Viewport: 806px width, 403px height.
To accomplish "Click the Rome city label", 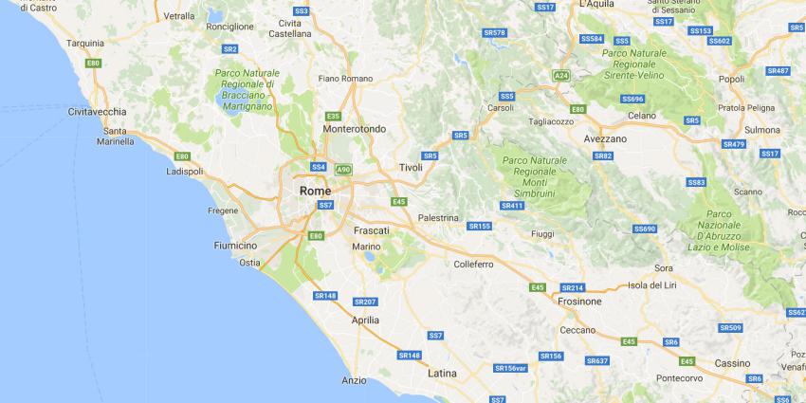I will (x=315, y=191).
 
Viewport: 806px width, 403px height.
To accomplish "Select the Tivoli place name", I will (x=411, y=168).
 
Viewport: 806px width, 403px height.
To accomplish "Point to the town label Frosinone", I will (x=579, y=301).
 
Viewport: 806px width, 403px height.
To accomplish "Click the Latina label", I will (x=442, y=373).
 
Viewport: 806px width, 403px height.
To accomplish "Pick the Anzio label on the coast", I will (x=354, y=380).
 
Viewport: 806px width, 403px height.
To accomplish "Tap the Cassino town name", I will (x=731, y=363).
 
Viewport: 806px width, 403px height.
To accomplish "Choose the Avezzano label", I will (x=605, y=138).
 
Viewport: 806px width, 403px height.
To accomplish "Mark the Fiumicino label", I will (x=236, y=246).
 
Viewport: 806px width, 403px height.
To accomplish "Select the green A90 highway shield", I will (x=343, y=170).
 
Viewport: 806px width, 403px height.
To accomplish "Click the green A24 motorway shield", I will (x=561, y=75).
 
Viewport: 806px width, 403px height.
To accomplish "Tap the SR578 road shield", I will (x=494, y=32).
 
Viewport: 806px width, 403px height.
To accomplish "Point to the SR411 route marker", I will (x=512, y=205).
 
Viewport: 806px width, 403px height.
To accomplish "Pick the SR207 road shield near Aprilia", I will (x=365, y=302).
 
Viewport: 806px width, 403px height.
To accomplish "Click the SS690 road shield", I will (x=645, y=229).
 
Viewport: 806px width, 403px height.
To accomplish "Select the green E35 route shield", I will (x=333, y=116).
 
